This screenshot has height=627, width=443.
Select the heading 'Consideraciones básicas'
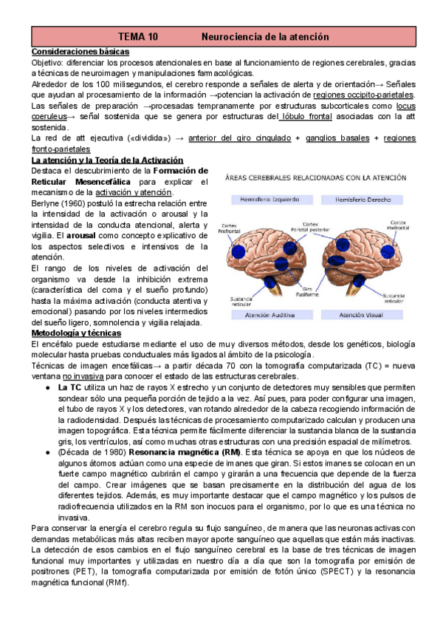tap(80, 52)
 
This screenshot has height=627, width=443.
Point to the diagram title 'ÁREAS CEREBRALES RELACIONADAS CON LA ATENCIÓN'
tap(315, 177)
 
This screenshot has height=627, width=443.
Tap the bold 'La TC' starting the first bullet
tap(70, 387)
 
